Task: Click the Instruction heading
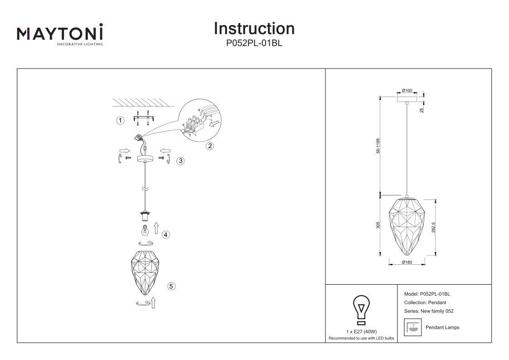pyautogui.click(x=254, y=29)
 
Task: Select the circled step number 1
pyautogui.click(x=121, y=121)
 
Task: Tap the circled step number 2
pyautogui.click(x=210, y=146)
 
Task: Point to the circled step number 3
pyautogui.click(x=180, y=161)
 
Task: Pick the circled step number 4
pyautogui.click(x=166, y=234)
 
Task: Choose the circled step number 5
pyautogui.click(x=171, y=286)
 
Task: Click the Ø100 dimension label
pyautogui.click(x=407, y=91)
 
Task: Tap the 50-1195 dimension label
pyautogui.click(x=378, y=146)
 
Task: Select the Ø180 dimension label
pyautogui.click(x=407, y=262)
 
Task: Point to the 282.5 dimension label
pyautogui.click(x=433, y=228)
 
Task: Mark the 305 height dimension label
pyautogui.click(x=378, y=225)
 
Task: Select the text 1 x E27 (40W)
pyautogui.click(x=361, y=332)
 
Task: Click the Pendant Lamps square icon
pyautogui.click(x=412, y=327)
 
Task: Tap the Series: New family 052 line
pyautogui.click(x=429, y=311)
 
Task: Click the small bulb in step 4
pyautogui.click(x=145, y=230)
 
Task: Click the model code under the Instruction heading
pyautogui.click(x=254, y=43)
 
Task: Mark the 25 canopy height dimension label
pyautogui.click(x=422, y=110)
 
